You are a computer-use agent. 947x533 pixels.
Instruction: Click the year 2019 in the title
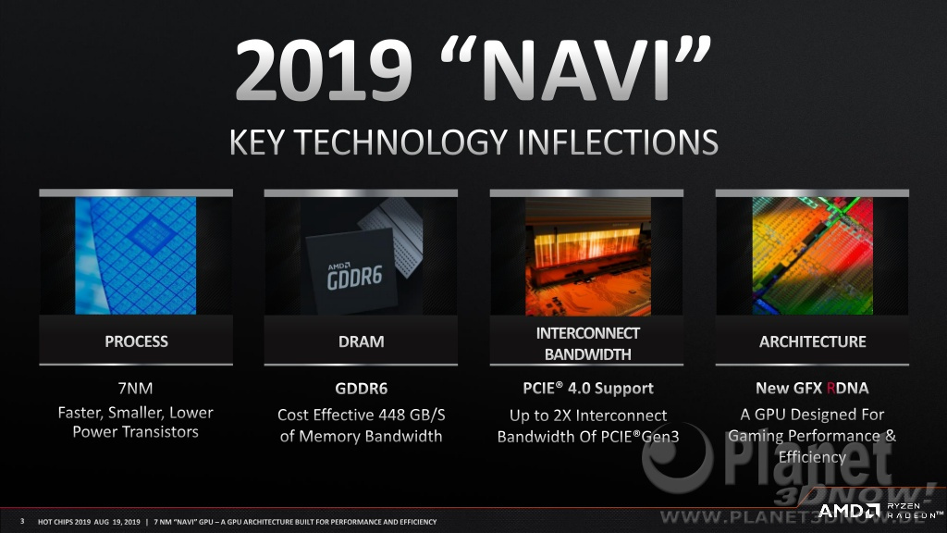[323, 71]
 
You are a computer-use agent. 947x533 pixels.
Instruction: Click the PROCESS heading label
[137, 341]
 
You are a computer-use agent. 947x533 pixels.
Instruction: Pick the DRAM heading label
[362, 341]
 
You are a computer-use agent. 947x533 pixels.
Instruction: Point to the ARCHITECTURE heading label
[812, 341]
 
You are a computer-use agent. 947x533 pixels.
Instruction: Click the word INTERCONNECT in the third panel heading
[587, 333]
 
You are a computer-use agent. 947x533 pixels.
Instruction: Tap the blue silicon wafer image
[136, 255]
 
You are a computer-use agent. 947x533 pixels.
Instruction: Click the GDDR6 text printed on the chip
[354, 278]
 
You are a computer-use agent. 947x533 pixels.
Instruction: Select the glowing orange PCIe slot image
[587, 255]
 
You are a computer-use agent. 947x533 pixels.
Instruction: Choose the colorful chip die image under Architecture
[812, 255]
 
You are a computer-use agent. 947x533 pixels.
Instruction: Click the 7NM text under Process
[135, 388]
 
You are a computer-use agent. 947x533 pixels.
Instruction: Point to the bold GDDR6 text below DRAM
[362, 388]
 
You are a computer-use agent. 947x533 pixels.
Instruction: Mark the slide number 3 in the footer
[22, 521]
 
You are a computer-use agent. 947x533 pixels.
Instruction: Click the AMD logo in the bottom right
[849, 511]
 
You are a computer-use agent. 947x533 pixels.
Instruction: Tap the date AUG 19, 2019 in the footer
[117, 522]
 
